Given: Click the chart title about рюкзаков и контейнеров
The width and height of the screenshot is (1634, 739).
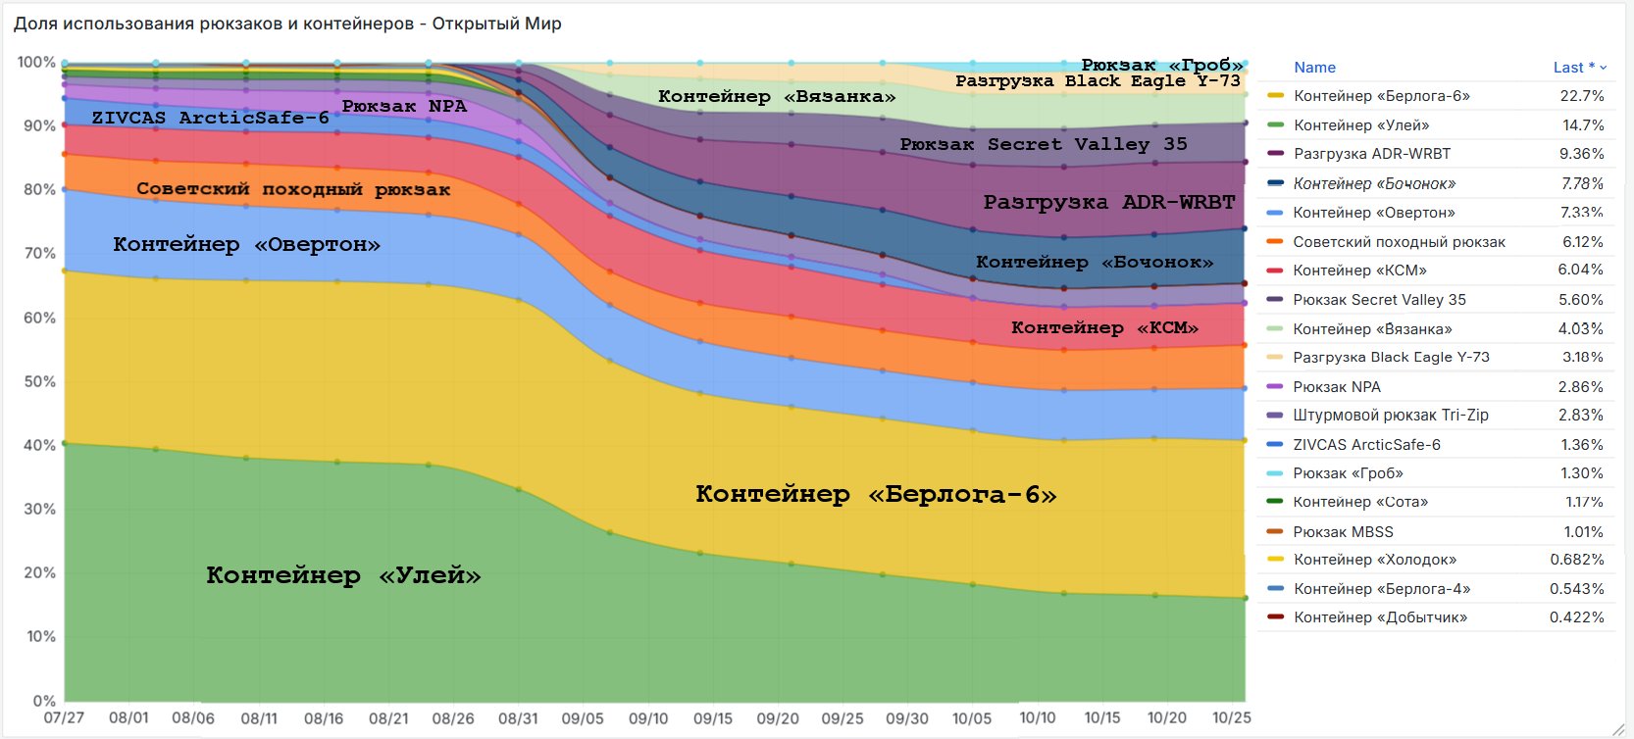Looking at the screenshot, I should (287, 24).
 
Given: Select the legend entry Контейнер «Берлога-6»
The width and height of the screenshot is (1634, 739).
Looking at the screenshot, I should (1381, 96).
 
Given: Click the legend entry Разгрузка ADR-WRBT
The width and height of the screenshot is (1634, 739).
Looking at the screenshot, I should (1371, 154).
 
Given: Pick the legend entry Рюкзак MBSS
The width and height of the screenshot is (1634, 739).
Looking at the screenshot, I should (1343, 531).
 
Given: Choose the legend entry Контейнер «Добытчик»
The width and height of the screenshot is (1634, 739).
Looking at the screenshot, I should (1380, 617).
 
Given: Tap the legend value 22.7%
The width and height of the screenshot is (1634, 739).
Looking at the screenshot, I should (1581, 96).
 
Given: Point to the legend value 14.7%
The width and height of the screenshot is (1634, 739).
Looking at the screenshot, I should (1582, 125).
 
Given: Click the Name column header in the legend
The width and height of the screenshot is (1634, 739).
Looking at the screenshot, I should (1314, 68).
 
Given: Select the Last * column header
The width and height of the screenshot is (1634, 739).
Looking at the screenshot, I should (1574, 68).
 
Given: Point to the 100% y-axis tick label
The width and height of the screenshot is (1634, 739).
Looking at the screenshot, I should (36, 62).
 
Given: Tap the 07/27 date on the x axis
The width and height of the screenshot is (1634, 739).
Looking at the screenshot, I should (64, 718).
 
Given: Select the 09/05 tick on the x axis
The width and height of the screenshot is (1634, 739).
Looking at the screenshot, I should (583, 718).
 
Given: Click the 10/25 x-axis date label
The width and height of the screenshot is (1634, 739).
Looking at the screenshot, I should (1231, 718).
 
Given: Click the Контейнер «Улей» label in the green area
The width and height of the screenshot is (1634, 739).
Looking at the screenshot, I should (343, 575).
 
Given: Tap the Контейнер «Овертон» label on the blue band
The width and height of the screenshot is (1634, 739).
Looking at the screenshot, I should (246, 244).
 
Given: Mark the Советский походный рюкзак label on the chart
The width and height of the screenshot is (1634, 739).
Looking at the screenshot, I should (293, 189).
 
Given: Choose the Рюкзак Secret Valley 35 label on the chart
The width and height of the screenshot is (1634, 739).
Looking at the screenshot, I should (1044, 144).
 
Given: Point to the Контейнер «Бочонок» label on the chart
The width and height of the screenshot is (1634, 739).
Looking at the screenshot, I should (1094, 262).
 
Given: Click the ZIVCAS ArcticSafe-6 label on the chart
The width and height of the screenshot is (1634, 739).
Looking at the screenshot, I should (210, 118).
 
